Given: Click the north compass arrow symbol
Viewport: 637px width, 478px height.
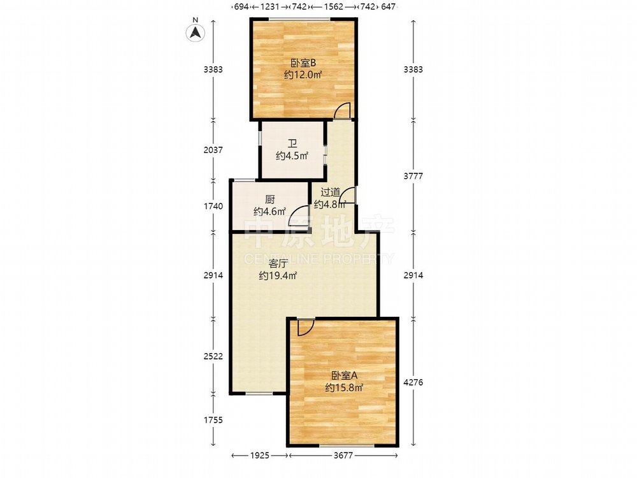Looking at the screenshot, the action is [x=196, y=33].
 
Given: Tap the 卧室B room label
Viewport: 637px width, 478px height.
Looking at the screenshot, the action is [x=303, y=63].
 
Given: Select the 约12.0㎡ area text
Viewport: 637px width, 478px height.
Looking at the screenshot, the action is [x=303, y=75].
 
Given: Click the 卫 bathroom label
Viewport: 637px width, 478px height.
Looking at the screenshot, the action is [x=292, y=143].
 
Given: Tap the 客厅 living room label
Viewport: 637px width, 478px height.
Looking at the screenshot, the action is [x=278, y=263].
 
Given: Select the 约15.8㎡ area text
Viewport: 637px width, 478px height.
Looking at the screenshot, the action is [x=344, y=387].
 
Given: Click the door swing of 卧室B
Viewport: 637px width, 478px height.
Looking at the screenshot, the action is [x=342, y=110].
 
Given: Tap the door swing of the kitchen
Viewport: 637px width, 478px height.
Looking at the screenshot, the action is [x=297, y=216].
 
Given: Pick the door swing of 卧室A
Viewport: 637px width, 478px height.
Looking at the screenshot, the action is [x=306, y=328].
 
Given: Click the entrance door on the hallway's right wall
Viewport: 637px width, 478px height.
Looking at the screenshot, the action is [x=348, y=195].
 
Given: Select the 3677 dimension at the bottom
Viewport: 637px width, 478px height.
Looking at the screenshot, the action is [x=343, y=456].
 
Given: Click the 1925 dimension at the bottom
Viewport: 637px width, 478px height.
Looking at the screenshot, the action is [x=259, y=456].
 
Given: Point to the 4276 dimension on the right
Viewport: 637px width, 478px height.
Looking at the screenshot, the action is [x=413, y=382].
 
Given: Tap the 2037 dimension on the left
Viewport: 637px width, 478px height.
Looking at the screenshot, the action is [x=213, y=150].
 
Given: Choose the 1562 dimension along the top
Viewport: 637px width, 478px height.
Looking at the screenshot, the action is [x=334, y=6].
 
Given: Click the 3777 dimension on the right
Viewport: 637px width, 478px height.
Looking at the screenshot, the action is [x=413, y=176].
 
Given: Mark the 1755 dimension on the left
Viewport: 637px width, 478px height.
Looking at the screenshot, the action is [x=213, y=420].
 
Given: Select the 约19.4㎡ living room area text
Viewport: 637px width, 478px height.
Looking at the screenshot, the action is [x=278, y=275].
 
